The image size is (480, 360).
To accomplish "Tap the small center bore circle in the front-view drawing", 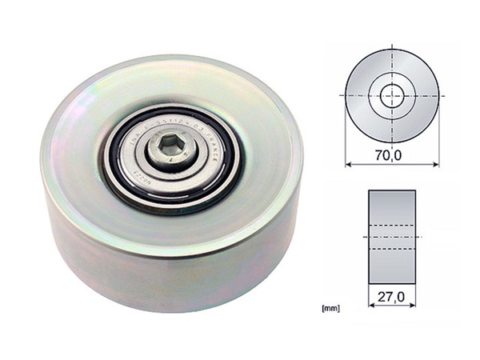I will tap(391, 95).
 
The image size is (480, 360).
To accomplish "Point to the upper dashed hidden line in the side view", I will tap(391, 226).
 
